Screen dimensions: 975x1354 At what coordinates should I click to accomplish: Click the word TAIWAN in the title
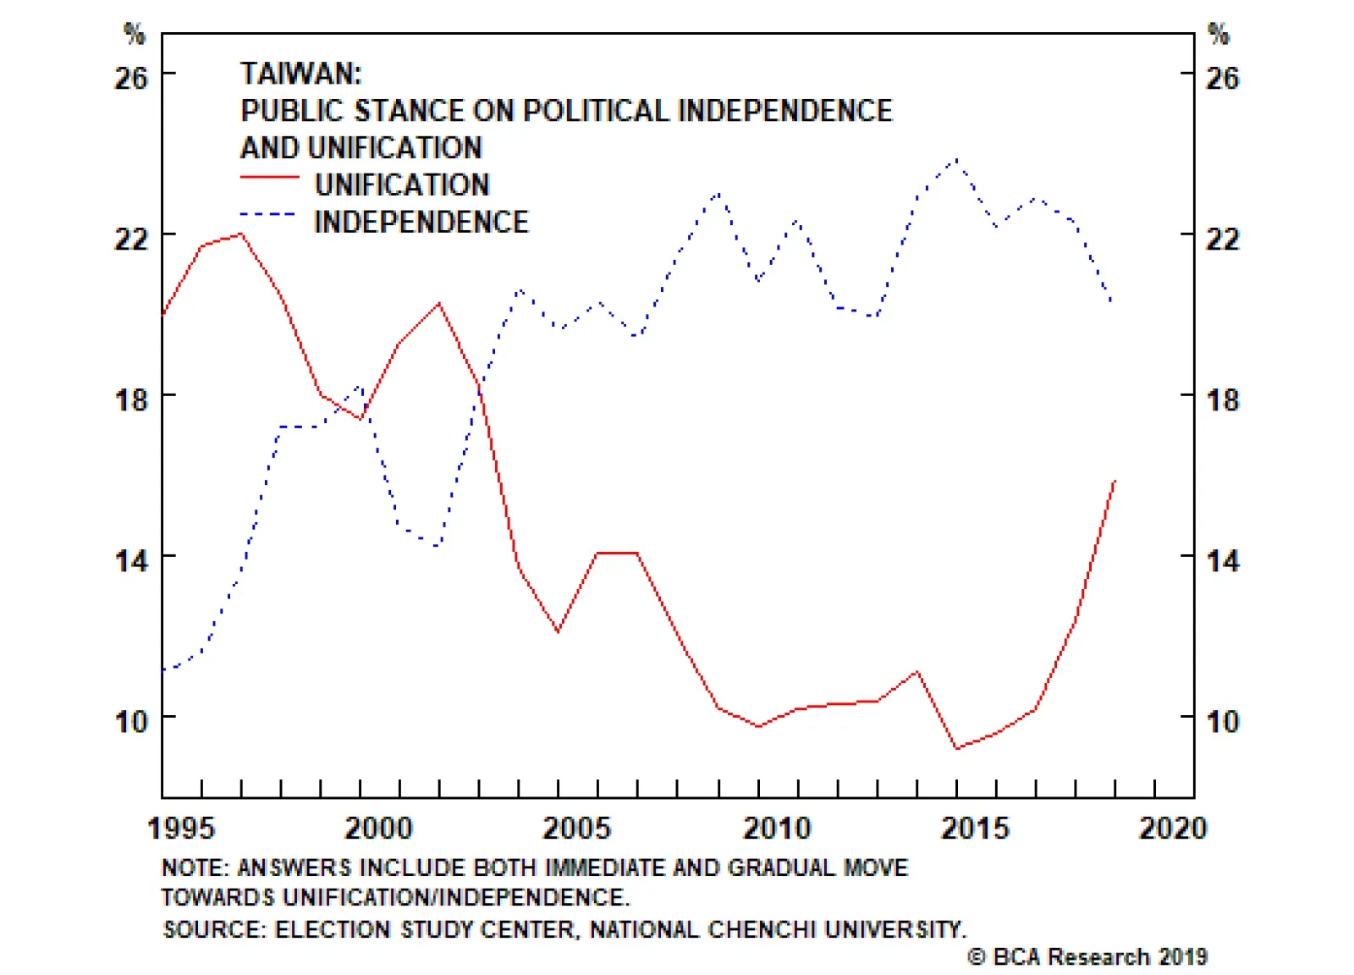(300, 74)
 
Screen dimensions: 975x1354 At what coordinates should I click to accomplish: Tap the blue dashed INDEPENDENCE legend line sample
(267, 215)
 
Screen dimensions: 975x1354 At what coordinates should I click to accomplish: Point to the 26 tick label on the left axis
(131, 78)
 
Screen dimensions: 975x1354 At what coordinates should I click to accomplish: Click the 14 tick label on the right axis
(1222, 560)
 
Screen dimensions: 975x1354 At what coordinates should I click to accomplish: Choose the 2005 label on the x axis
(576, 828)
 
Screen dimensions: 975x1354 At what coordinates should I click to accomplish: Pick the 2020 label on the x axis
(1172, 828)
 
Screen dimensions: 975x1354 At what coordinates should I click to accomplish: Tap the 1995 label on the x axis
(181, 828)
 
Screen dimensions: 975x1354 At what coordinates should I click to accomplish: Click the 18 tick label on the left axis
(131, 399)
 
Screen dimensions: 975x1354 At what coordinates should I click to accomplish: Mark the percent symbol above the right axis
(1219, 35)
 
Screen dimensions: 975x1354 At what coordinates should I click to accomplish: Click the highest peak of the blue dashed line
(957, 159)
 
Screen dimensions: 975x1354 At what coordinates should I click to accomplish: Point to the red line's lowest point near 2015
(957, 748)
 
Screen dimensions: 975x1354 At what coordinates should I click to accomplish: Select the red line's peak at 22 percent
(241, 234)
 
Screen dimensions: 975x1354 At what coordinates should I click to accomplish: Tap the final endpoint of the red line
(1115, 481)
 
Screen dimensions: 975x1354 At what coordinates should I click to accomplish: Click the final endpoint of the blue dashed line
(1111, 302)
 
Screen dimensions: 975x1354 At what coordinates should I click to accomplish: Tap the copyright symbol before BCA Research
(977, 956)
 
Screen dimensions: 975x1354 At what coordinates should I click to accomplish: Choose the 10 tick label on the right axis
(1222, 721)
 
